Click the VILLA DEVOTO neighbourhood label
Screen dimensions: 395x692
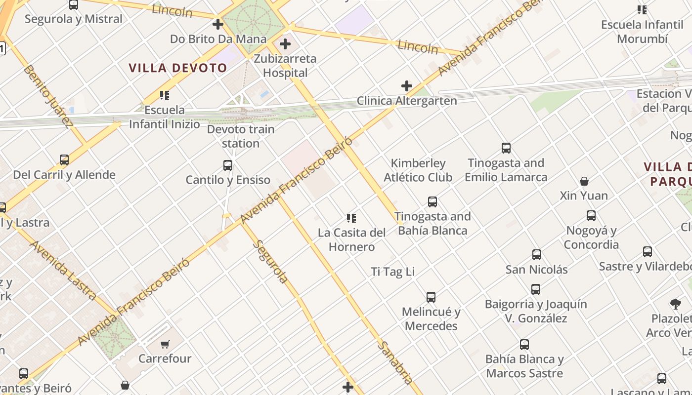point(178,68)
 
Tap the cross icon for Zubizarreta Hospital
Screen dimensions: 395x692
point(285,44)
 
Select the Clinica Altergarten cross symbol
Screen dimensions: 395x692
point(407,86)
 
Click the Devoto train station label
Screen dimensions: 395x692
point(241,136)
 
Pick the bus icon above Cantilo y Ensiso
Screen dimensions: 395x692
point(228,165)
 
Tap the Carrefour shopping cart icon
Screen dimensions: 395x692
point(165,344)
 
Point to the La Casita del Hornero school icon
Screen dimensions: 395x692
point(351,218)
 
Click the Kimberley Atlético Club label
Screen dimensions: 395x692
point(418,170)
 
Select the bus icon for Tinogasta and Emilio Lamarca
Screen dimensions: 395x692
point(506,148)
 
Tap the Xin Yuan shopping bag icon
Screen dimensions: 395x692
point(584,181)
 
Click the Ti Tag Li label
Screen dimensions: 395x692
point(393,272)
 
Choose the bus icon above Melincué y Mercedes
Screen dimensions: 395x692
point(431,297)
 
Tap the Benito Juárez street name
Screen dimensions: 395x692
point(48,97)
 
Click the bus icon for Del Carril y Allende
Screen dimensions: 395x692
point(64,159)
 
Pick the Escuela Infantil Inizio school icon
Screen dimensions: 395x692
point(165,95)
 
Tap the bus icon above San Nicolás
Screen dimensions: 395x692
point(537,255)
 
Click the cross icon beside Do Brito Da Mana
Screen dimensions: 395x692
point(218,24)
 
